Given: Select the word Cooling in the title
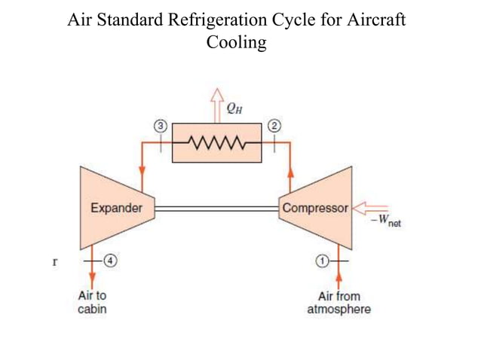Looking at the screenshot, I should click(x=236, y=42).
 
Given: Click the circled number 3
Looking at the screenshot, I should click(x=159, y=126).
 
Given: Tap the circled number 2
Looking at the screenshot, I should click(x=274, y=126).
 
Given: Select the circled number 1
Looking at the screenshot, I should click(x=322, y=261).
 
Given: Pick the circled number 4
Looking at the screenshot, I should click(x=109, y=261).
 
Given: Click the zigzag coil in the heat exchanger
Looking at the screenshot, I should click(x=216, y=142).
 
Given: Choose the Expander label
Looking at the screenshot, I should click(x=116, y=208).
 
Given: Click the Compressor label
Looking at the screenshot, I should click(x=315, y=208).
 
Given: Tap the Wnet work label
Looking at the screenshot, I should click(x=386, y=221).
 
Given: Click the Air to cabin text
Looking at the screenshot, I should click(x=92, y=303).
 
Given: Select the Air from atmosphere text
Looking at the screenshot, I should click(x=339, y=303).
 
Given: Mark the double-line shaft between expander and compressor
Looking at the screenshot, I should click(x=216, y=208).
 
